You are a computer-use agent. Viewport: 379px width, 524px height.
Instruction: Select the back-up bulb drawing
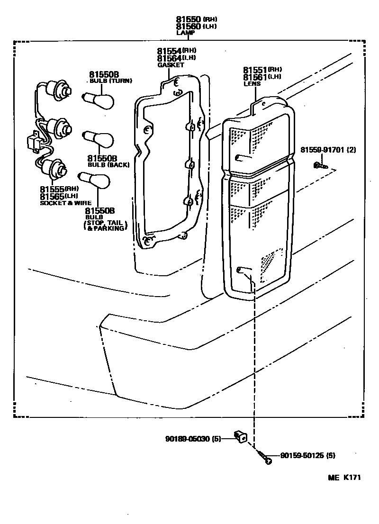(x=99, y=140)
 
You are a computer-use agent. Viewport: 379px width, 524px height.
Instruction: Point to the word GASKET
(x=171, y=64)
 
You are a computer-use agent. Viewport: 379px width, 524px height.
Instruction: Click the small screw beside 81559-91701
(x=320, y=165)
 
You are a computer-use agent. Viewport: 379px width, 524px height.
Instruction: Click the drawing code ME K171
(x=344, y=478)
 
